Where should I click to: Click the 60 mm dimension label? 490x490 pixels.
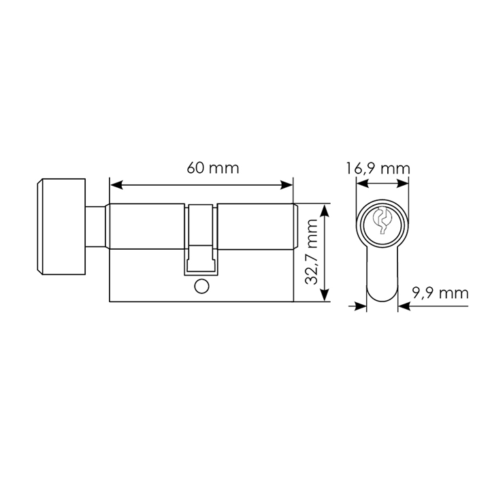213,168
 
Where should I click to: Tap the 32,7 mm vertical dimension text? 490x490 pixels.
311,252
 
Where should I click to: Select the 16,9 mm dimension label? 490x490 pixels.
378,169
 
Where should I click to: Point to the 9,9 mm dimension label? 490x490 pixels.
440,293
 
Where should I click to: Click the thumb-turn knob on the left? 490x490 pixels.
61,227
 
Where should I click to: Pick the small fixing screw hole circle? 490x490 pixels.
201,287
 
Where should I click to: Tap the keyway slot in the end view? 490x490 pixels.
382,220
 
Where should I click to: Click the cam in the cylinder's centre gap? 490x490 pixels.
201,240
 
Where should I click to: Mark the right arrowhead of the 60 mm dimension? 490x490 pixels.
287,184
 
